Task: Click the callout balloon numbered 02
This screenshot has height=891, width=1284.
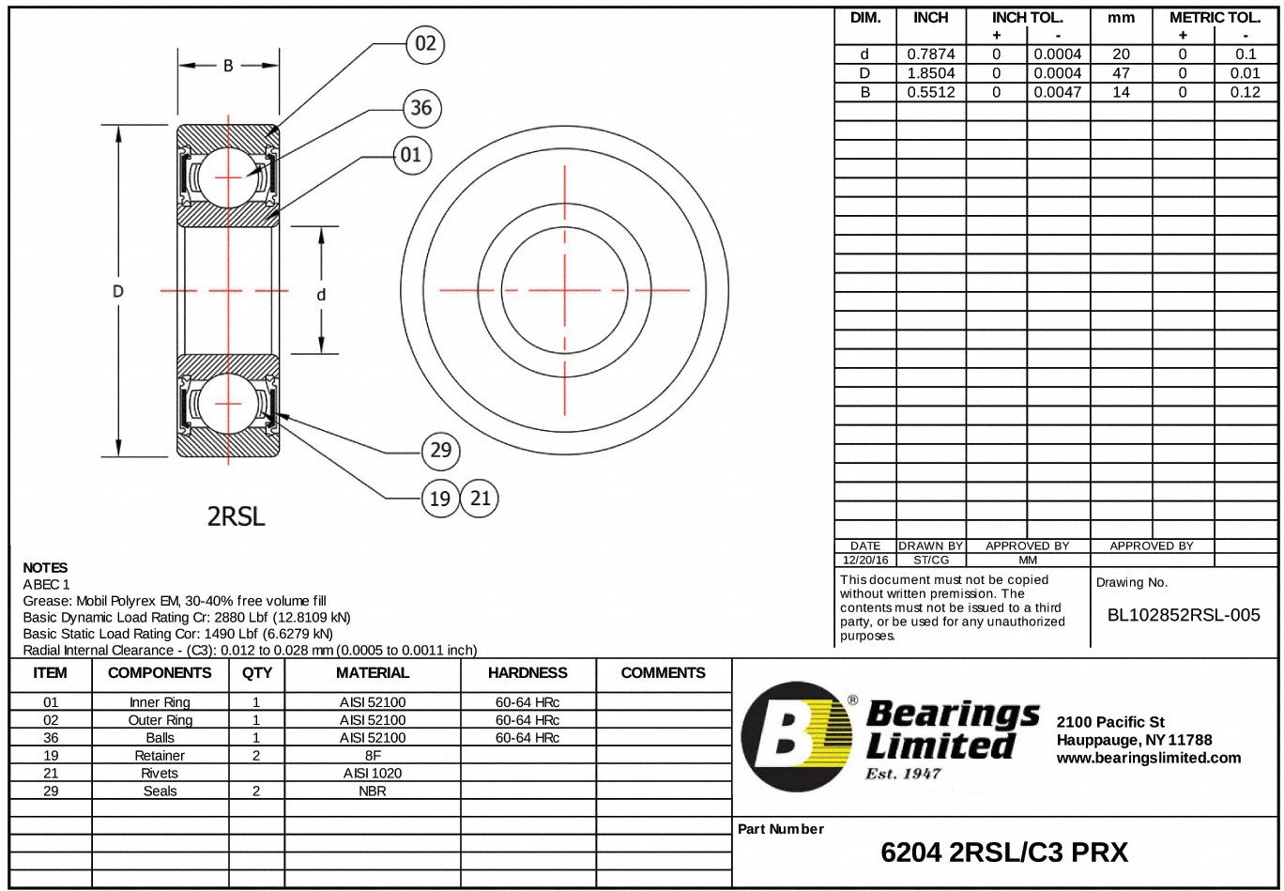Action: (425, 45)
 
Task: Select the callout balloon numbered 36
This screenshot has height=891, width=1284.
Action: (421, 108)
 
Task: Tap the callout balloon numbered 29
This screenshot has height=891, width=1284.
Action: (440, 451)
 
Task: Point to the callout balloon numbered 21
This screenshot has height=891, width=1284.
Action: (480, 499)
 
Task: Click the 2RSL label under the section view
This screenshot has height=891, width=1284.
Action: (236, 516)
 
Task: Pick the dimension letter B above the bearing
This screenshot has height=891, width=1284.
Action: (228, 66)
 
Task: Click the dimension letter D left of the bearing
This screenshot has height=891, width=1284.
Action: (118, 291)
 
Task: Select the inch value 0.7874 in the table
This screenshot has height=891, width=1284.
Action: (930, 54)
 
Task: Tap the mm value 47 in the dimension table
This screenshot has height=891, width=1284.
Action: (1121, 73)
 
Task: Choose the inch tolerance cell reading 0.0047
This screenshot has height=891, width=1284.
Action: (1058, 92)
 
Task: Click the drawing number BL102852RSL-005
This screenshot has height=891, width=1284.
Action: (1184, 615)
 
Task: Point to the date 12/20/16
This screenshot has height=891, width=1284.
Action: (864, 560)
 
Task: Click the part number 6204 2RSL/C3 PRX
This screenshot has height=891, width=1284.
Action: (1004, 853)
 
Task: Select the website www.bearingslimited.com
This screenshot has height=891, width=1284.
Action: (1148, 758)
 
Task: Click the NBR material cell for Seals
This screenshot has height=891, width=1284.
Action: (373, 791)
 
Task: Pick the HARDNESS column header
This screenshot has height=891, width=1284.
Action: (527, 672)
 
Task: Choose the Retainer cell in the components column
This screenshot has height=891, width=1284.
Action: (160, 755)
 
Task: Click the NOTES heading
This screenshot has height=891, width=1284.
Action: (45, 567)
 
